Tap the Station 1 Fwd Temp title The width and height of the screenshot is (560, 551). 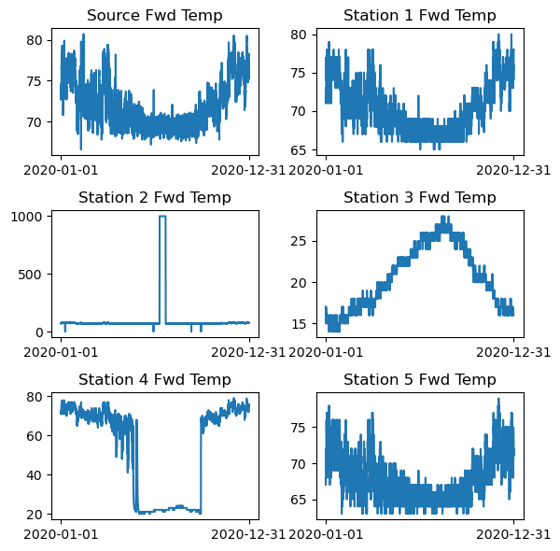tap(420, 15)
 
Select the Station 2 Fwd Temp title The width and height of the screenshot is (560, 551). tap(155, 197)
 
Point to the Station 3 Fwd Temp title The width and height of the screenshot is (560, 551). tap(420, 197)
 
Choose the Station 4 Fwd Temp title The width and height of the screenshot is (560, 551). tap(155, 379)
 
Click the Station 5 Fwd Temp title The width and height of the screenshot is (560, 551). tap(420, 379)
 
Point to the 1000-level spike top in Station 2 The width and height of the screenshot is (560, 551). tap(162, 217)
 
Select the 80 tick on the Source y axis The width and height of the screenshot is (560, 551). tap(36, 40)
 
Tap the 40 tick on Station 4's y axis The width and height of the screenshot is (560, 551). tap(36, 474)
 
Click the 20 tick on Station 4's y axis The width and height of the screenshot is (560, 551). tap(36, 514)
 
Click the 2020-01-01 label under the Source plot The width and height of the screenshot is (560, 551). tap(61, 169)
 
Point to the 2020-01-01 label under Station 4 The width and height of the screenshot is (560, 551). tap(61, 533)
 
